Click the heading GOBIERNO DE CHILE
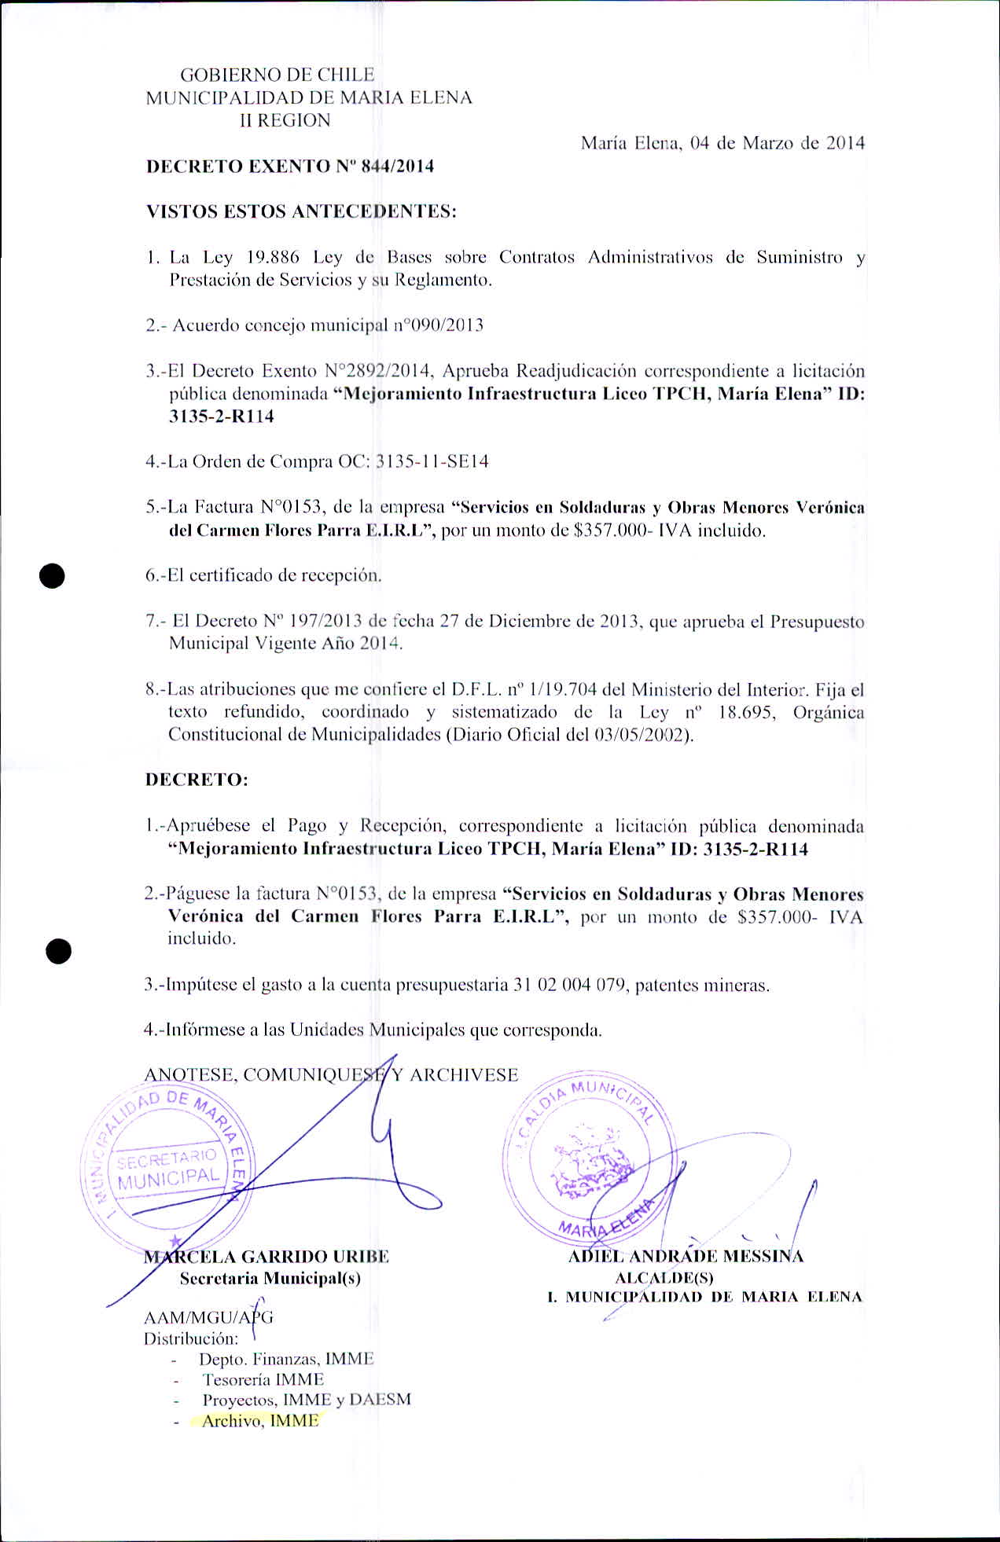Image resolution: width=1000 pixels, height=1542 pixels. click(277, 75)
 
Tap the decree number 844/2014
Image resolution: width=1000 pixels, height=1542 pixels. click(398, 166)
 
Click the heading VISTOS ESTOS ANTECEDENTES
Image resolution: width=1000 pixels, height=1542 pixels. click(301, 211)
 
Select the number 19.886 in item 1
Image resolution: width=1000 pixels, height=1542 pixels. click(273, 257)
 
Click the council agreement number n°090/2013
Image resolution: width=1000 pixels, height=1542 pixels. click(438, 325)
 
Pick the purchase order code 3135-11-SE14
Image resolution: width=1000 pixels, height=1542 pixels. click(432, 461)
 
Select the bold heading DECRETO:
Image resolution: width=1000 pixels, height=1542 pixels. click(197, 780)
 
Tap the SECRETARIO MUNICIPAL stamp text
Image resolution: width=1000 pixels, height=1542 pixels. click(168, 1168)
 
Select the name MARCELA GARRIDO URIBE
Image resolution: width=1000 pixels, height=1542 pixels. click(267, 1256)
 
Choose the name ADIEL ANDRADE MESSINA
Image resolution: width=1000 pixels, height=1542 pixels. click(686, 1256)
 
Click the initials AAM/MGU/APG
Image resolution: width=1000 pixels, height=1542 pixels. click(208, 1317)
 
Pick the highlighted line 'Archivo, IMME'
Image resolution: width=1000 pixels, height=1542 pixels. click(260, 1421)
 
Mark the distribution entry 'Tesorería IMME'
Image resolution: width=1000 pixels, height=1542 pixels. click(263, 1379)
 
